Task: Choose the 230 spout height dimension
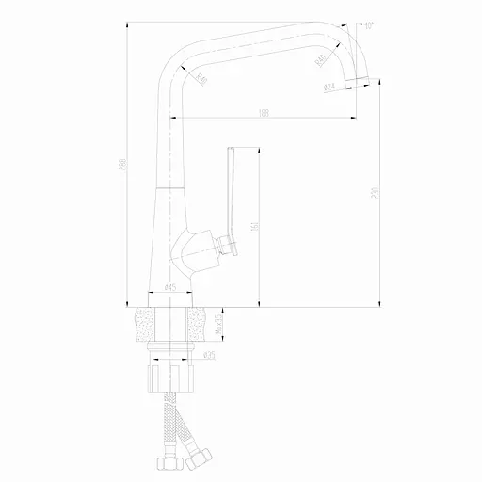376,193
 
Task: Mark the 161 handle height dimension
256,226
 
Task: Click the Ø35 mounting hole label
209,355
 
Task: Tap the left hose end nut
164,463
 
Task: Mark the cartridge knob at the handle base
226,248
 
